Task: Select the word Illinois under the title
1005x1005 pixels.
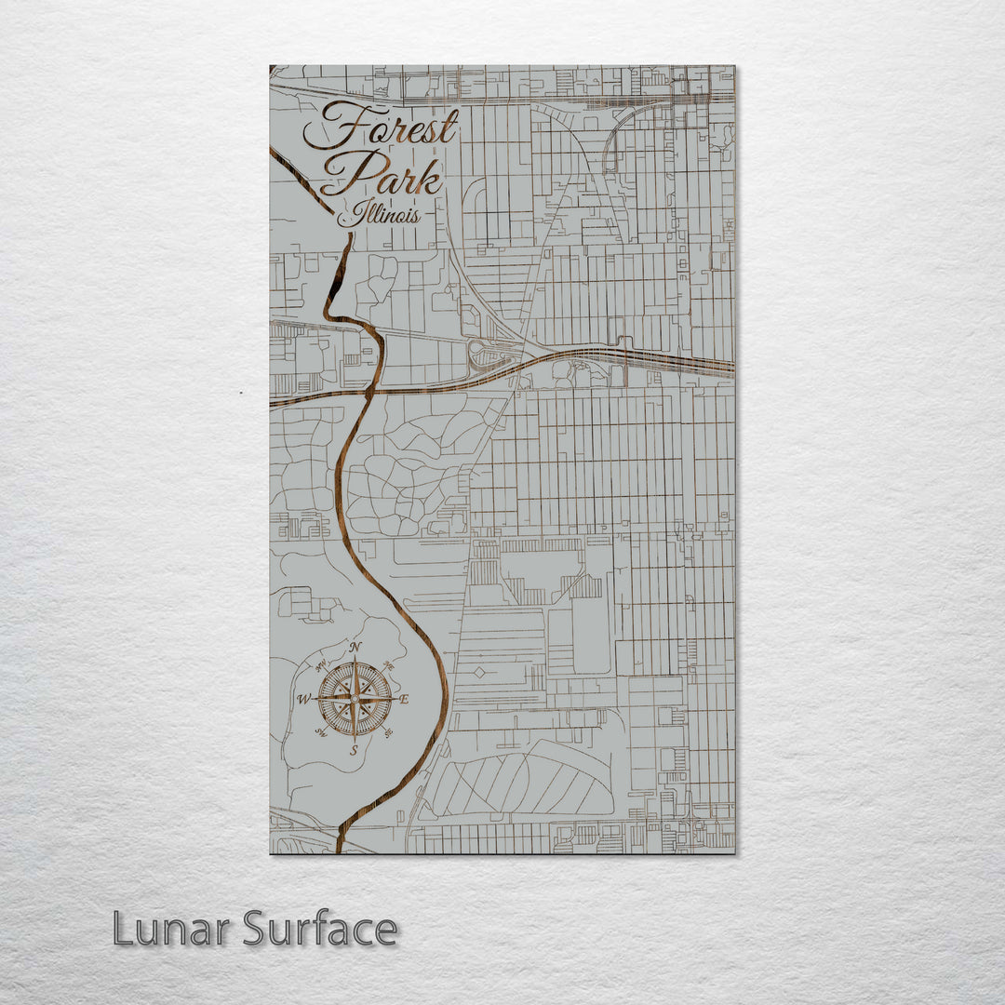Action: [x=379, y=216]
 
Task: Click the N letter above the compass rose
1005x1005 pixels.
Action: [x=355, y=649]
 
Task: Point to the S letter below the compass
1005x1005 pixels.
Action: [x=354, y=750]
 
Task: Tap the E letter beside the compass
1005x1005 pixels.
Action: [x=404, y=699]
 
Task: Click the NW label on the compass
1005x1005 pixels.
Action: [x=321, y=666]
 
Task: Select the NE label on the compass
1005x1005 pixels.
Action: [x=388, y=666]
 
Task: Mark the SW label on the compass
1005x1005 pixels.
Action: [x=321, y=733]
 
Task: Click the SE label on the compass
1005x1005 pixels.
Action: [x=387, y=733]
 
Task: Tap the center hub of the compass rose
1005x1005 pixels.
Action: [x=354, y=699]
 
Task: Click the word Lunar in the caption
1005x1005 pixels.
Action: [x=171, y=929]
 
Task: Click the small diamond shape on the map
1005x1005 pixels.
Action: [x=478, y=672]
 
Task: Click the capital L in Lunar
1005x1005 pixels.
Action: [x=123, y=929]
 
